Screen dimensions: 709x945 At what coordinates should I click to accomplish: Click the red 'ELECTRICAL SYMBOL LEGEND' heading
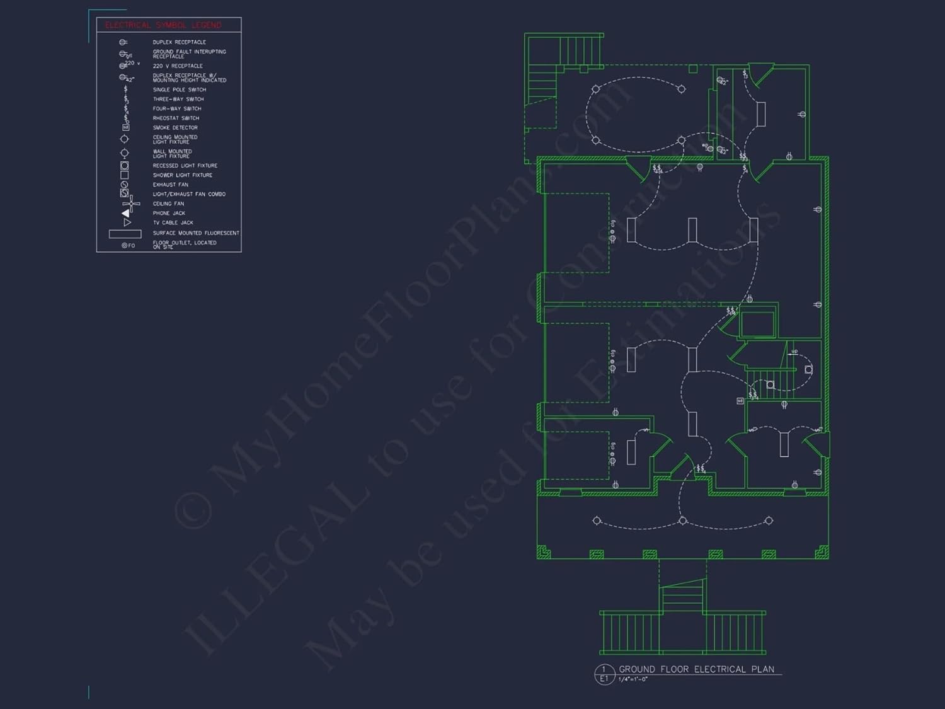pos(163,25)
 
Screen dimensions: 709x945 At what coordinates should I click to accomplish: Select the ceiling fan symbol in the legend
pos(131,204)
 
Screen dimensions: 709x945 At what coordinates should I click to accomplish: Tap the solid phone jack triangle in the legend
pos(125,213)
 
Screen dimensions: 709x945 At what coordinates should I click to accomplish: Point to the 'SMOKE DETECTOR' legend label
pos(175,128)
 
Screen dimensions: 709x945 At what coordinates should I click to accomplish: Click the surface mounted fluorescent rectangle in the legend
pos(125,234)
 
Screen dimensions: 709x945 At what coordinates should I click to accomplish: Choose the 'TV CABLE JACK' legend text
pos(173,223)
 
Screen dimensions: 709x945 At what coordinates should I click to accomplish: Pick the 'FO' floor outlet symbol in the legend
pos(128,245)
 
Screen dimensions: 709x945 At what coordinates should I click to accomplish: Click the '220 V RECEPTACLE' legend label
pos(178,66)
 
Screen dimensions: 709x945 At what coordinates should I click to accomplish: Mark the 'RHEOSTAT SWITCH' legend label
pos(176,118)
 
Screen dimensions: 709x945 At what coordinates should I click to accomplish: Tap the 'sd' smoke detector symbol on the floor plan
pos(740,401)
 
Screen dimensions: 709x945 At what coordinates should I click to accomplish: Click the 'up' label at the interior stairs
pos(794,352)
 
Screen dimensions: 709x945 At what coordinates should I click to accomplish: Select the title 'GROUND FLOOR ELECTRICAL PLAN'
pos(696,669)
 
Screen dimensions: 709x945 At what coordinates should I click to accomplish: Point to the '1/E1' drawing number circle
pos(604,674)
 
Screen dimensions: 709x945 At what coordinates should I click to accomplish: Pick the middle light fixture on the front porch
pos(682,521)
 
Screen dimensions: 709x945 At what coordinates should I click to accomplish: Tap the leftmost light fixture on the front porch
pos(597,521)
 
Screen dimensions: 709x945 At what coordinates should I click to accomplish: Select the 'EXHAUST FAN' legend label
pos(170,185)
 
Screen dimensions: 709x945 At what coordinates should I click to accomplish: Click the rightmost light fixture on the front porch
pos(769,521)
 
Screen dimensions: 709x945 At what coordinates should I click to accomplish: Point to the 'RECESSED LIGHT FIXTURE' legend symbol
pos(125,166)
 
